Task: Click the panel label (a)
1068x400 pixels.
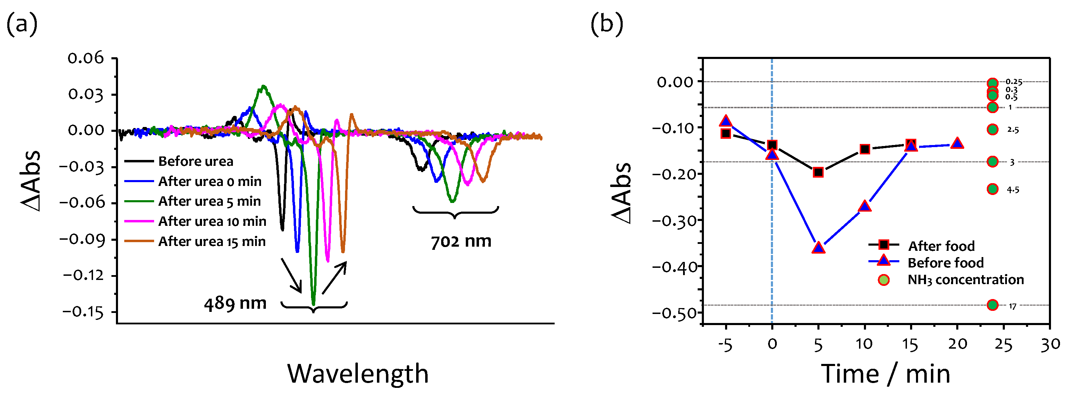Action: (x=22, y=24)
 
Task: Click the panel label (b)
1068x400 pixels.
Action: (x=607, y=24)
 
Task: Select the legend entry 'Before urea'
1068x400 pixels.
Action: (x=195, y=161)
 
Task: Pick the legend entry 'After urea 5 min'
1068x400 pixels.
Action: (x=209, y=202)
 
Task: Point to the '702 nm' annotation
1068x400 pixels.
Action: (x=461, y=241)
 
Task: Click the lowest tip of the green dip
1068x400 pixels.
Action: (x=313, y=305)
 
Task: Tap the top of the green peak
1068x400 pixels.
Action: (x=263, y=86)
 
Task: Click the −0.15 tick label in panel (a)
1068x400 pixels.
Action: (x=83, y=312)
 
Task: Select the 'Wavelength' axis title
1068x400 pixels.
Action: (x=358, y=374)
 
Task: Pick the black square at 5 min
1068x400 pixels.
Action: (x=818, y=172)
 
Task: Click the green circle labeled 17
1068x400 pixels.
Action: (x=992, y=305)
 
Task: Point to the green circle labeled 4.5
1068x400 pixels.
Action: (x=992, y=189)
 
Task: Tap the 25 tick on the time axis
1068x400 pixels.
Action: (x=1003, y=344)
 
